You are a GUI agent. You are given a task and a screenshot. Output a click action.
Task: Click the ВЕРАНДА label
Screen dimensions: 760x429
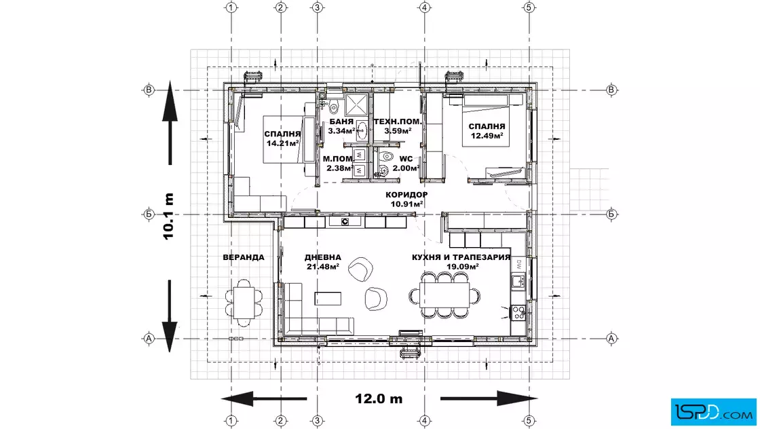(x=244, y=257)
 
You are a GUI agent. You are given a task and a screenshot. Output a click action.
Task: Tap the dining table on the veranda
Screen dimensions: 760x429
(x=244, y=303)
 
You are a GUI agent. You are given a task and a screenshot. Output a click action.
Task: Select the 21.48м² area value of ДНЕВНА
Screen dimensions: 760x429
(x=322, y=267)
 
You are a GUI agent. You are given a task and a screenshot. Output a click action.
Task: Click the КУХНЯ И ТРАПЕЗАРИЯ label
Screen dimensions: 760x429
(x=461, y=257)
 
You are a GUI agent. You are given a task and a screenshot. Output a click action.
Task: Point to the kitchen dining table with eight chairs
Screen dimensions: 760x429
(x=444, y=295)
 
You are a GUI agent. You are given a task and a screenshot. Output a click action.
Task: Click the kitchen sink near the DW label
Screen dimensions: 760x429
(x=518, y=280)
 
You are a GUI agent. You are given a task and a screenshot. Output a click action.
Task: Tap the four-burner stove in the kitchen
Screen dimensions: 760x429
(x=518, y=312)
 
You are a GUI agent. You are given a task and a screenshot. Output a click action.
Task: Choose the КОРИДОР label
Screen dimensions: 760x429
(x=406, y=195)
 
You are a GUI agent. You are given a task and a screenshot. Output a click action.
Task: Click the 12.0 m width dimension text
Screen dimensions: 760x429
(x=379, y=399)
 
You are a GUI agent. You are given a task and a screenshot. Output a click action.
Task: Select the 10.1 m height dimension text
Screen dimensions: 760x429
(x=168, y=216)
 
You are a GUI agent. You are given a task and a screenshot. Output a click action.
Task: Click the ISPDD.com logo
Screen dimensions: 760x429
(x=713, y=412)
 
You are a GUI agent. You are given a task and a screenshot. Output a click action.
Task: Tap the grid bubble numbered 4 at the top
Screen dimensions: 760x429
(x=425, y=7)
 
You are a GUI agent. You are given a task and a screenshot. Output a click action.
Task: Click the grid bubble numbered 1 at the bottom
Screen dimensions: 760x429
(x=231, y=421)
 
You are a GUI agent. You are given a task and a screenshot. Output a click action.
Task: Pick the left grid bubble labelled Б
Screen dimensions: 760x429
(x=149, y=214)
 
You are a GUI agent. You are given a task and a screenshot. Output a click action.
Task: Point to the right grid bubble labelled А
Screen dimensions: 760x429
(x=611, y=338)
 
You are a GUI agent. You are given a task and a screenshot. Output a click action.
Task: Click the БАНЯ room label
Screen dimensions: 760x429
(x=341, y=122)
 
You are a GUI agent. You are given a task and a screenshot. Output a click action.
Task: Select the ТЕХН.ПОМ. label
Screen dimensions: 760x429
(x=398, y=122)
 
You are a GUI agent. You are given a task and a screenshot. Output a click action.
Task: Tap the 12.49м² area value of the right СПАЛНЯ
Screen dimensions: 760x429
(x=487, y=136)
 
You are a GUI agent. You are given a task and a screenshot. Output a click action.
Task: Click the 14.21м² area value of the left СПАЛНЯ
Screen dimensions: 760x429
(x=282, y=143)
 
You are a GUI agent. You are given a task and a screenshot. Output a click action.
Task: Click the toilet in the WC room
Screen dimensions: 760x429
(x=386, y=157)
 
